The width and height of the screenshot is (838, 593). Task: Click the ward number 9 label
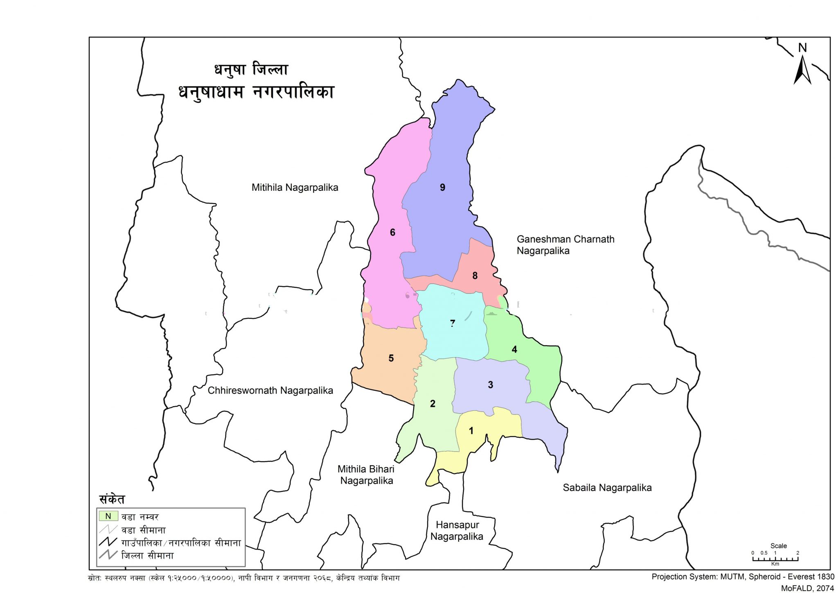(442, 188)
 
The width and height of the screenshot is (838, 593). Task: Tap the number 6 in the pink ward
(392, 233)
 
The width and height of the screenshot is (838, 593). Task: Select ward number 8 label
(475, 276)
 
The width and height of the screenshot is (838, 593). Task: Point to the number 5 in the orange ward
(391, 358)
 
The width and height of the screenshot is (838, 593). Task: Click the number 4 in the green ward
(514, 349)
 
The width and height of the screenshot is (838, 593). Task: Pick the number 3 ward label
(490, 385)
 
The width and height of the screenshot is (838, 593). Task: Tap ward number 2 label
(433, 404)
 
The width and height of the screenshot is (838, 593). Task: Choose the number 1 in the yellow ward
(471, 431)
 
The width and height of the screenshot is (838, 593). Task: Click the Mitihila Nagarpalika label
(295, 188)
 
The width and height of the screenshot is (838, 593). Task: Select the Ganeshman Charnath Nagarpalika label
(565, 245)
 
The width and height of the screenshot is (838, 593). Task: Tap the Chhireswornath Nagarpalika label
(270, 391)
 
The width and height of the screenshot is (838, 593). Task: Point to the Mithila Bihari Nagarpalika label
(366, 475)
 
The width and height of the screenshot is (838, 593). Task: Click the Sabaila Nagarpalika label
(607, 488)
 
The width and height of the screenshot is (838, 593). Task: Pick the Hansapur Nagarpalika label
(457, 531)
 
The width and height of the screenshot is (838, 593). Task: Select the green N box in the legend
(108, 516)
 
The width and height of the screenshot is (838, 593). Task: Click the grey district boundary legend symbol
(108, 555)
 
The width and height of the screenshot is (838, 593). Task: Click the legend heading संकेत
(112, 500)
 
